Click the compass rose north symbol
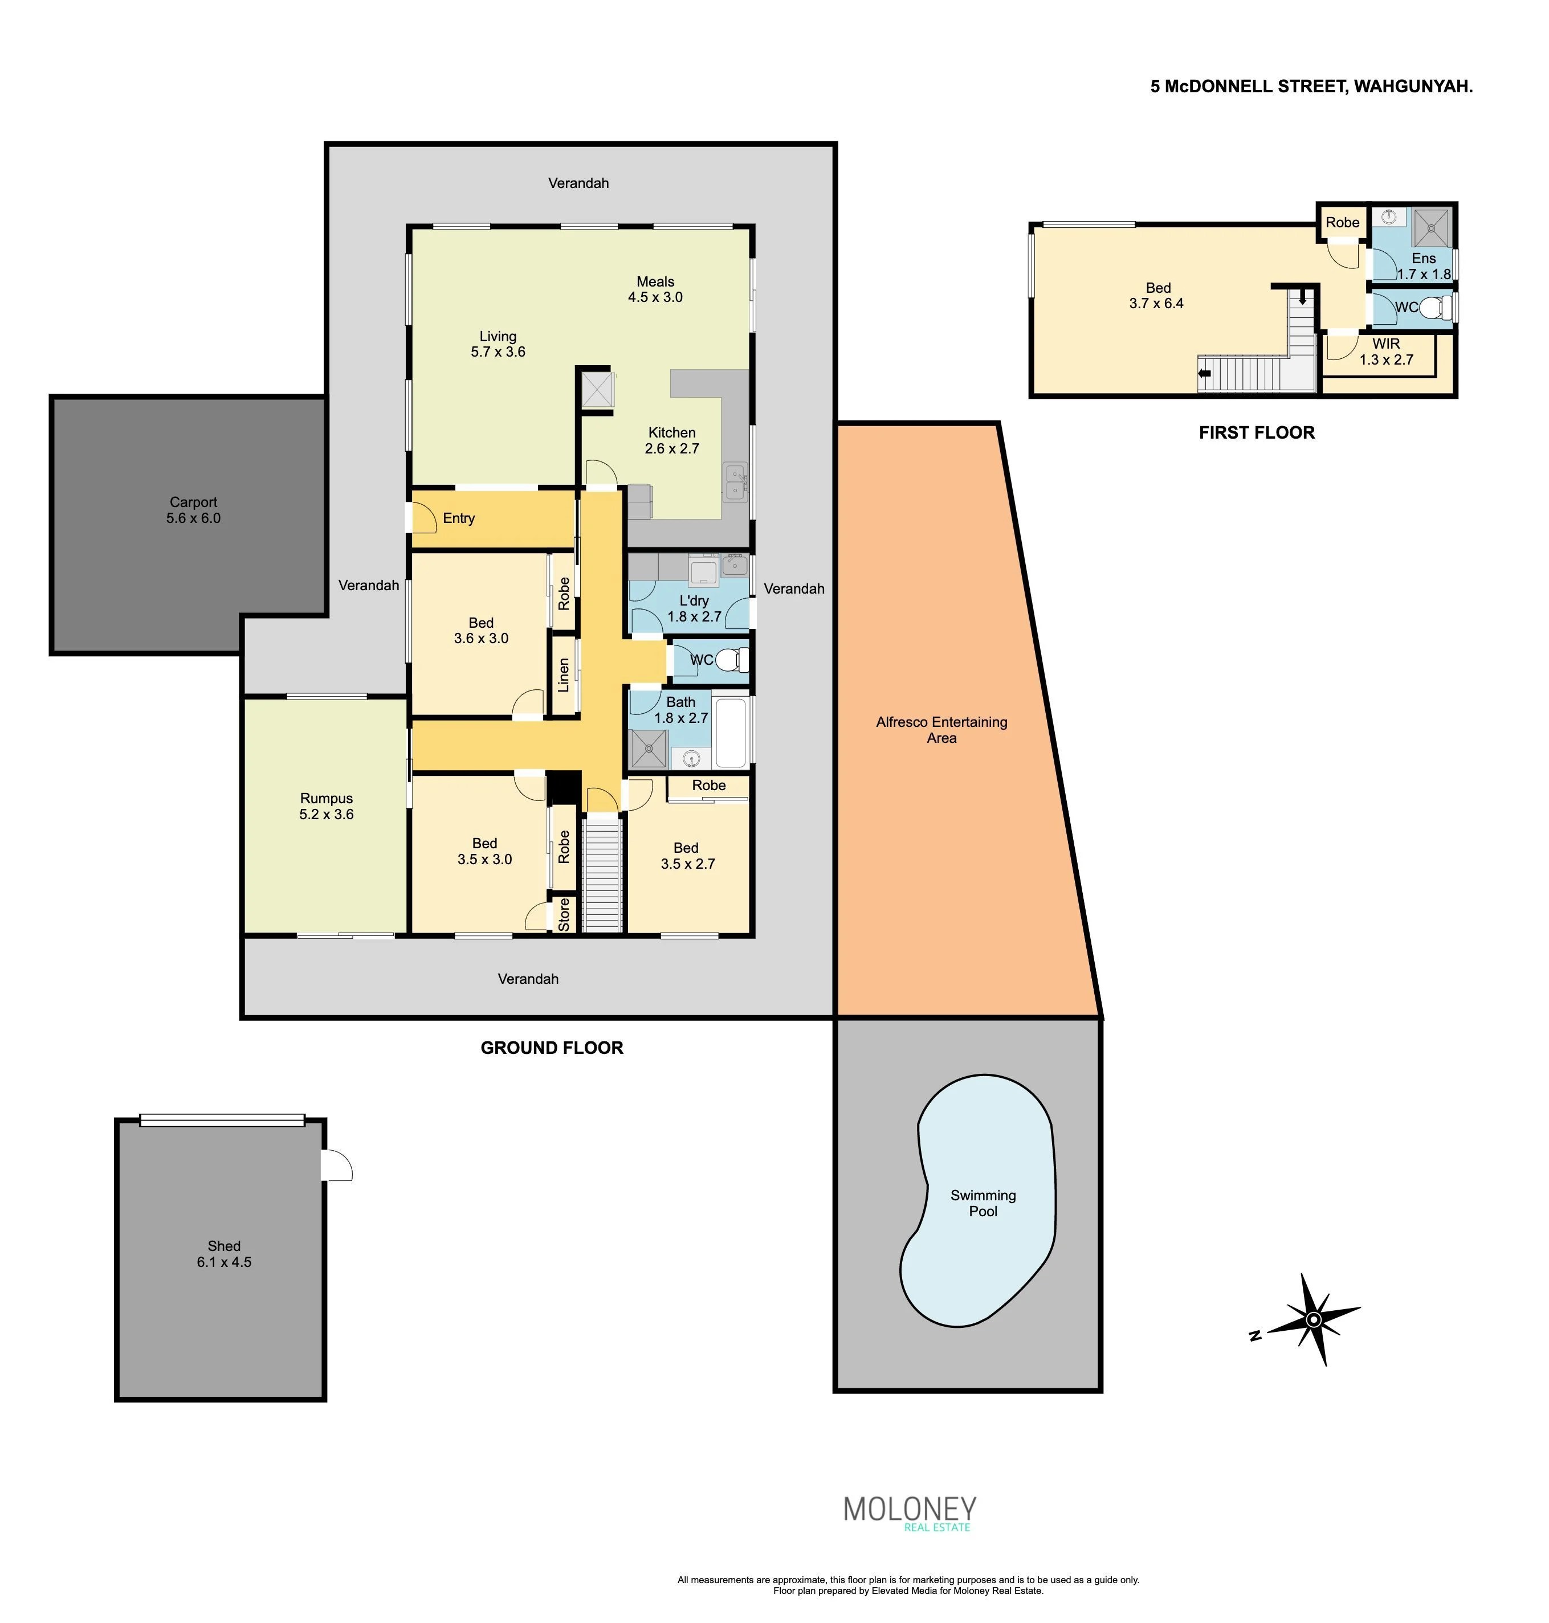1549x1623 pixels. pyautogui.click(x=1314, y=1319)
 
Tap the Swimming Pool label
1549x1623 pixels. pyautogui.click(x=983, y=1203)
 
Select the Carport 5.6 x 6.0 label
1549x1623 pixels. pyautogui.click(x=193, y=510)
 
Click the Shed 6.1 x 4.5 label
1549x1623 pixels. pyautogui.click(x=224, y=1254)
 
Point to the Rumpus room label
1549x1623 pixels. pyautogui.click(x=326, y=806)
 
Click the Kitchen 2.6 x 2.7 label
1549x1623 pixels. pyautogui.click(x=671, y=440)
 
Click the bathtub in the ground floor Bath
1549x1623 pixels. pyautogui.click(x=733, y=732)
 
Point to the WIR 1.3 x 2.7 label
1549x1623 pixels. pyautogui.click(x=1387, y=351)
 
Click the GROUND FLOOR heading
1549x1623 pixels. pyautogui.click(x=552, y=1048)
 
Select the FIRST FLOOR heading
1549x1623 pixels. pyautogui.click(x=1257, y=432)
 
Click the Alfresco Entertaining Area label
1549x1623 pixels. pyautogui.click(x=941, y=730)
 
